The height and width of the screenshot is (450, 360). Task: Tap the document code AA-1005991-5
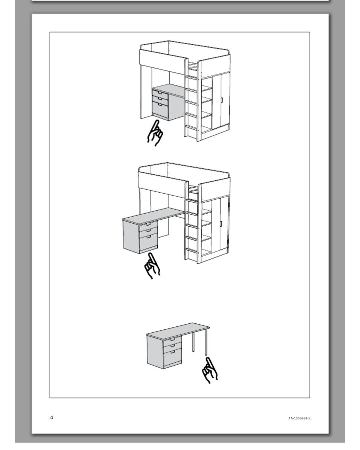299,418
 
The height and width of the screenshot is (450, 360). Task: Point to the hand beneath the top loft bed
155,133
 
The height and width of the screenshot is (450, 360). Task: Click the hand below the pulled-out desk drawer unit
152,266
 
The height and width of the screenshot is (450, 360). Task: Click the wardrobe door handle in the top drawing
222,100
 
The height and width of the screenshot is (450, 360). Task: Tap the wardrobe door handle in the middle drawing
221,224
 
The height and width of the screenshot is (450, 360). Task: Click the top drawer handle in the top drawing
160,93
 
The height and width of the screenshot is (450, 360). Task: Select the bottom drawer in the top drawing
160,110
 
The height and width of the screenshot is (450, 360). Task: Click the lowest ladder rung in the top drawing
191,127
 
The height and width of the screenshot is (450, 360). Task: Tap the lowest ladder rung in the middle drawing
191,250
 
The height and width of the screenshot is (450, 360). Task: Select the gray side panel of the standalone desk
155,351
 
